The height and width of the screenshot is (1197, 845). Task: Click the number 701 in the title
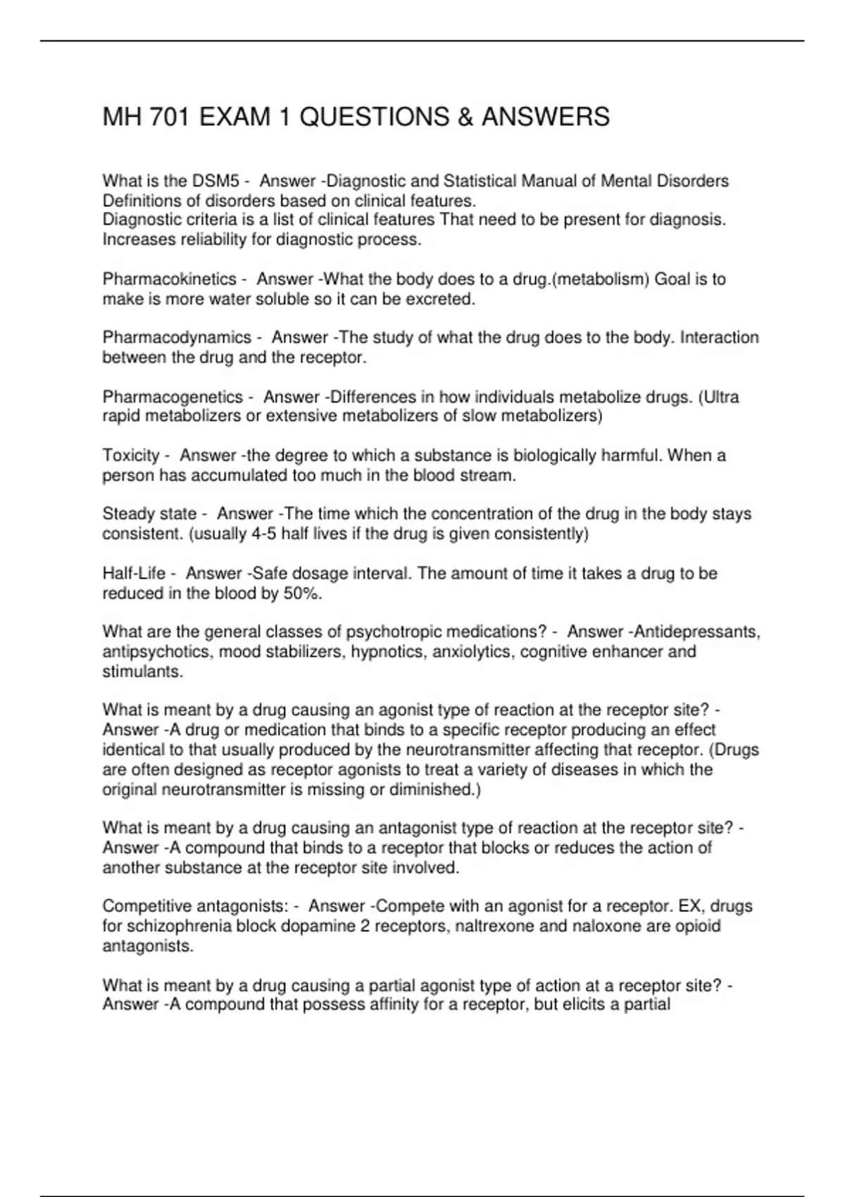click(x=169, y=117)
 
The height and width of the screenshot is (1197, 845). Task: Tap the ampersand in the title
click(x=465, y=117)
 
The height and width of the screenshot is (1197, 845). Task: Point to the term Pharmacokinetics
click(x=169, y=279)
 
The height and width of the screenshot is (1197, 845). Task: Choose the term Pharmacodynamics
click(x=177, y=337)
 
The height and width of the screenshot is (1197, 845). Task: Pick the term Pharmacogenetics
click(x=173, y=397)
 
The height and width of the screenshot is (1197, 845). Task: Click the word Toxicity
click(x=131, y=456)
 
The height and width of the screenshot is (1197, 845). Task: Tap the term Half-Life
click(x=134, y=574)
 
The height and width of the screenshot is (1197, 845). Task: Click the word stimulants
click(x=142, y=672)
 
